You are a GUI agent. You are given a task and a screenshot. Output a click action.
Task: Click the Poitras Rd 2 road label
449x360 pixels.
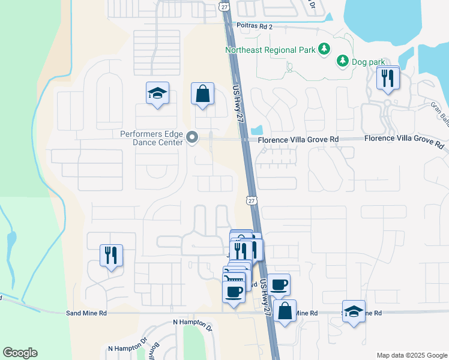[x=255, y=27]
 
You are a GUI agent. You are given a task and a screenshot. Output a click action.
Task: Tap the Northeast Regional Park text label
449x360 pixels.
[x=270, y=50]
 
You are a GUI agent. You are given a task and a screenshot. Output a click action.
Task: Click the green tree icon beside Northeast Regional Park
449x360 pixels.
[x=324, y=49]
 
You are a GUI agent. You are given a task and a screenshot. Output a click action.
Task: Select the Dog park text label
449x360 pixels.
[x=367, y=61]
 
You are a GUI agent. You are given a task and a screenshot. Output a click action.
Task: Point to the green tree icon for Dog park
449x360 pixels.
[x=342, y=60]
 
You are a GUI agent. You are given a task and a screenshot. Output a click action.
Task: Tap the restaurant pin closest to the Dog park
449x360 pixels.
[x=388, y=77]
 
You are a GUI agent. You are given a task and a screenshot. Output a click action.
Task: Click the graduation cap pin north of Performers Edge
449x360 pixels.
[x=158, y=94]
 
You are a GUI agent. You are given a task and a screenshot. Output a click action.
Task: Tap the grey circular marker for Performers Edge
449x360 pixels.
[x=193, y=139]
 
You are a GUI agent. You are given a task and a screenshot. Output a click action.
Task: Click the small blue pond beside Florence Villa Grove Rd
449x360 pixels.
[x=258, y=129]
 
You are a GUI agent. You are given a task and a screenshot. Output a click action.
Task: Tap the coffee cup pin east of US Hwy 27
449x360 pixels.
[x=279, y=284]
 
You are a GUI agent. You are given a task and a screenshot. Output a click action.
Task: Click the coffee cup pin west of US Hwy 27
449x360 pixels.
[x=234, y=292]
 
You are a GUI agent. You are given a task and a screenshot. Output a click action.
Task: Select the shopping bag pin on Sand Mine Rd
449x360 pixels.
[x=285, y=311]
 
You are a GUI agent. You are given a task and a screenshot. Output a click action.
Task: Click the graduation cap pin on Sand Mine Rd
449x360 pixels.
[x=354, y=311]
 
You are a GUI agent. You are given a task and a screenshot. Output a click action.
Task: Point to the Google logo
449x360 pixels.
[x=20, y=353]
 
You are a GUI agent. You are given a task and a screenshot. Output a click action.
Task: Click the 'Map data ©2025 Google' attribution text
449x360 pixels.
[x=411, y=355]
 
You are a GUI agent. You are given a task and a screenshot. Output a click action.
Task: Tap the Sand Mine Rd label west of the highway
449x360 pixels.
[x=86, y=313]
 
